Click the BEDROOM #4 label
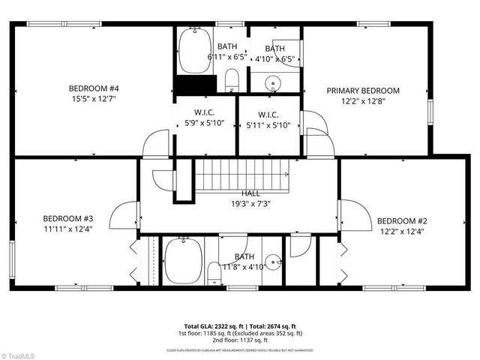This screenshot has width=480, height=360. (x=94, y=88)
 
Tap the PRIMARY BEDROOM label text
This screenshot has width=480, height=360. (x=363, y=91)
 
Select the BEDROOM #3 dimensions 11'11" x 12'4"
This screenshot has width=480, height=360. (x=67, y=229)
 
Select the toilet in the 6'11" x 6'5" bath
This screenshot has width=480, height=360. (x=232, y=79)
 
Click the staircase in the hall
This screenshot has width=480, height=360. (x=241, y=174)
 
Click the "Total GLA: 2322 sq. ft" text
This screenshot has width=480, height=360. (x=208, y=326)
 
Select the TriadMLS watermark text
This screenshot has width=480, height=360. (x=20, y=354)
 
